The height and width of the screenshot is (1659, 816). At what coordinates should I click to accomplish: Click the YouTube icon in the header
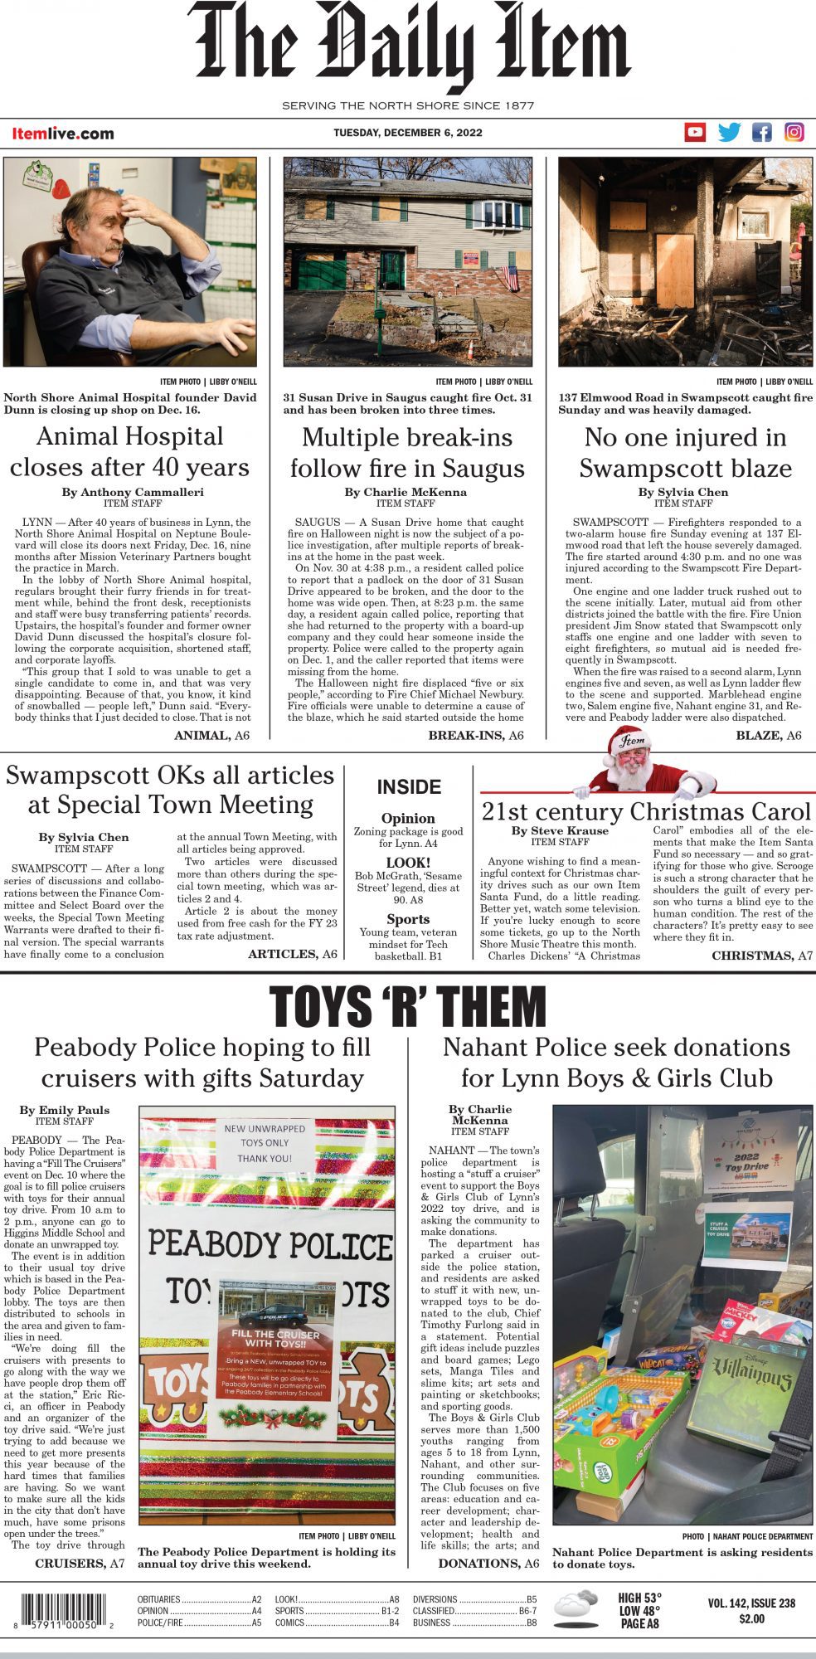click(695, 132)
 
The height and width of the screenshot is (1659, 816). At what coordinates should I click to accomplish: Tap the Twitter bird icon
click(729, 132)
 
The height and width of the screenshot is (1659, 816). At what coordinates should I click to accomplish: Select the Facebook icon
click(761, 132)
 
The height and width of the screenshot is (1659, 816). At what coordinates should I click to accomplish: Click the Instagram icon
click(794, 132)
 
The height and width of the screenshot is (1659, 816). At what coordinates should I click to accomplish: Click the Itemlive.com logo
click(63, 134)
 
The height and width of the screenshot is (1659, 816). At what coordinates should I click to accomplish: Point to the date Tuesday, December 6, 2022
click(407, 133)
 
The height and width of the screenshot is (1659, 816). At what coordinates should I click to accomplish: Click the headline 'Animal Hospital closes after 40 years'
click(130, 452)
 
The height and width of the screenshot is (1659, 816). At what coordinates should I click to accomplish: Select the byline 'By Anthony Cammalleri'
click(133, 492)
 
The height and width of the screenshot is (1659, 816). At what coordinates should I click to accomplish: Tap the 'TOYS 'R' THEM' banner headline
click(407, 1007)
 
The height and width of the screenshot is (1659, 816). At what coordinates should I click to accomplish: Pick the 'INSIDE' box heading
click(408, 787)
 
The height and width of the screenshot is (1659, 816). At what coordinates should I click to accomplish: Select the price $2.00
click(751, 1618)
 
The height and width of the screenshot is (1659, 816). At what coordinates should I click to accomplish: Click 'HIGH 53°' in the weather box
click(640, 1598)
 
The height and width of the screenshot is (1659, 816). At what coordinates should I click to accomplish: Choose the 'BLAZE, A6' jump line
click(768, 735)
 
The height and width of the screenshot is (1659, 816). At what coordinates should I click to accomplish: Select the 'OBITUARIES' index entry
click(159, 1599)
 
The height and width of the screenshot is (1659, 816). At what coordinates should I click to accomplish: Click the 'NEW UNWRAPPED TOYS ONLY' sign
click(265, 1143)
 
